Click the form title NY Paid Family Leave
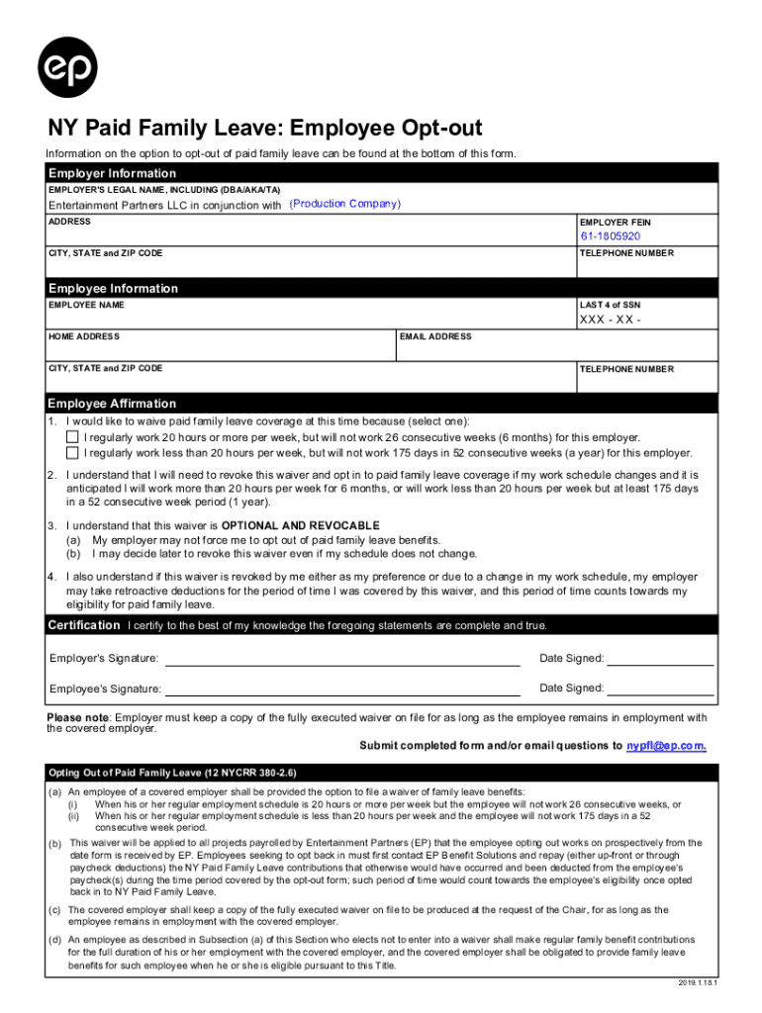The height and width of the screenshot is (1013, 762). pyautogui.click(x=265, y=129)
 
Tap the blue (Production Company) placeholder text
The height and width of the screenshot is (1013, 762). pyautogui.click(x=344, y=204)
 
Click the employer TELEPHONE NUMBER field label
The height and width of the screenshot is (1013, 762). pyautogui.click(x=625, y=254)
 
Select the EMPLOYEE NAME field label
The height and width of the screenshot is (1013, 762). pyautogui.click(x=86, y=305)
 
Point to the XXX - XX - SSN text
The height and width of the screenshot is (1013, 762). pyautogui.click(x=610, y=321)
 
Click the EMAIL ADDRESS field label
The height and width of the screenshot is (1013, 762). pyautogui.click(x=435, y=337)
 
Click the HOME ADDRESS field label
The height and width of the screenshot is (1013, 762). pyautogui.click(x=84, y=337)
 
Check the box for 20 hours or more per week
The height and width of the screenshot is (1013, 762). pyautogui.click(x=72, y=437)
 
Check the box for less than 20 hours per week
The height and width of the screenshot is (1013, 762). pyautogui.click(x=72, y=453)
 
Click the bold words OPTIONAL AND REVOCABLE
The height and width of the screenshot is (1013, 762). pyautogui.click(x=300, y=525)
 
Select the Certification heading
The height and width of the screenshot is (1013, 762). pyautogui.click(x=84, y=625)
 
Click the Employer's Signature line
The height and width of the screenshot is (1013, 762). pyautogui.click(x=341, y=660)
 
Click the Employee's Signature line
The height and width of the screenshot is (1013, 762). pyautogui.click(x=341, y=690)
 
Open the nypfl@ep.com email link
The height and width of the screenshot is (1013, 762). pyautogui.click(x=665, y=745)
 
